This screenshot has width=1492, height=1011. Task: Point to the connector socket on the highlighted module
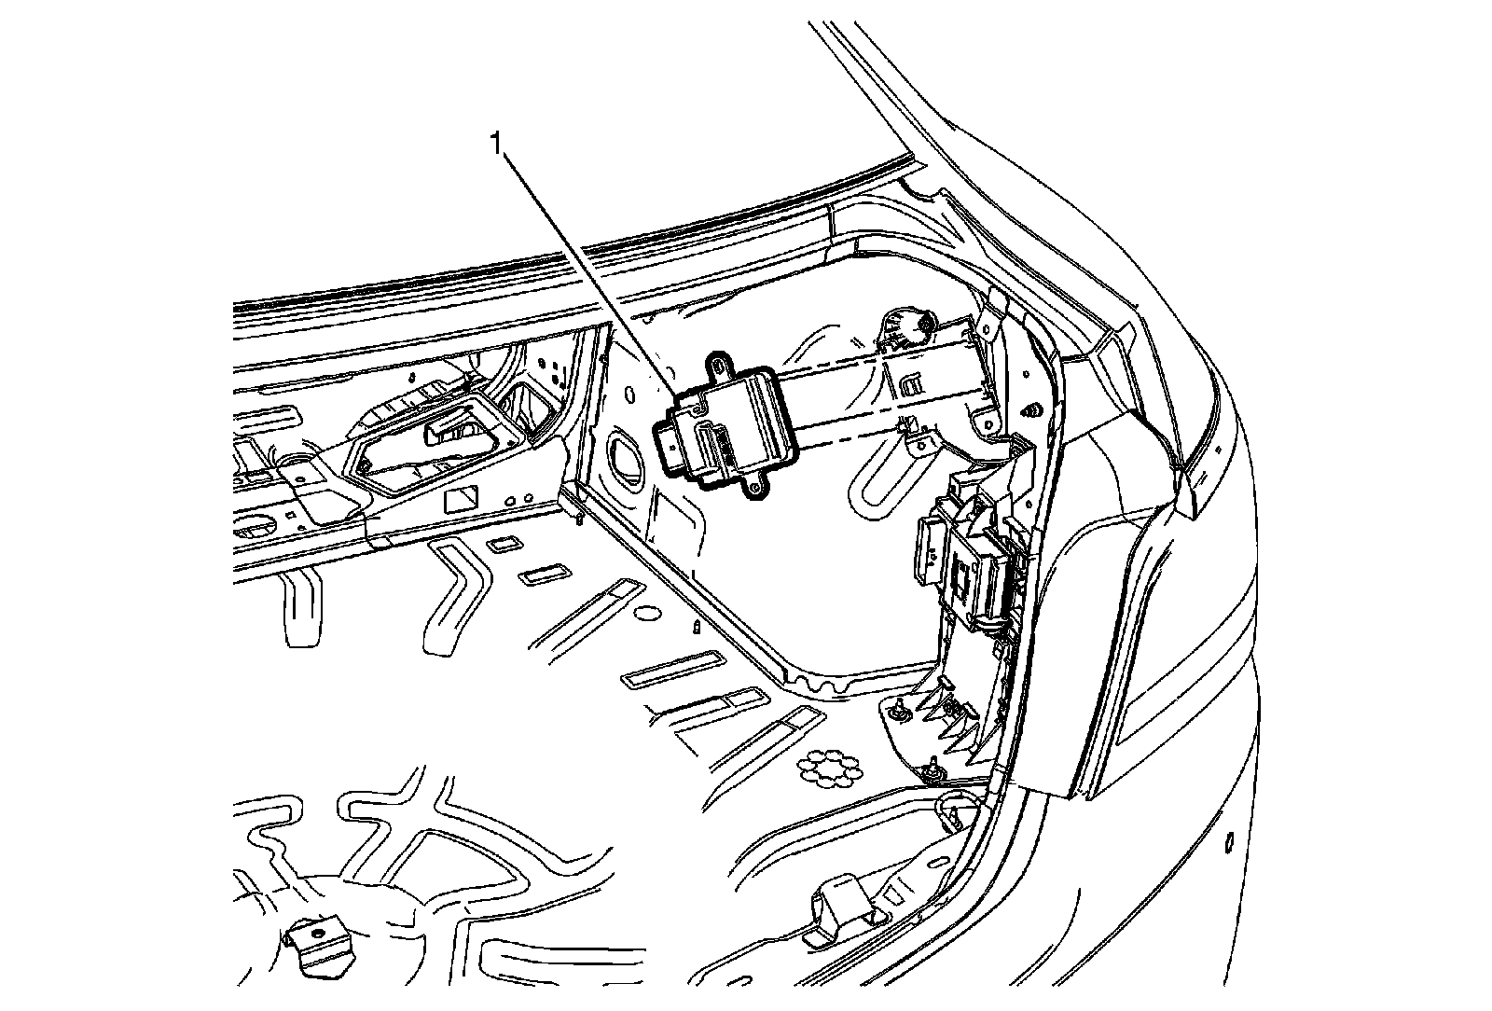point(674,446)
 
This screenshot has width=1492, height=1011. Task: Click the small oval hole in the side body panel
point(1229,842)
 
